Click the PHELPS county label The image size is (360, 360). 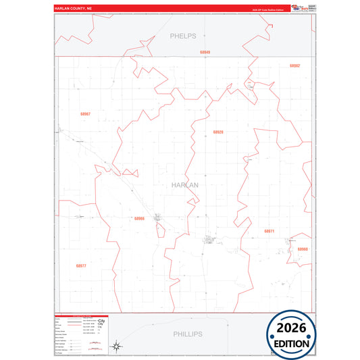[x=183, y=35]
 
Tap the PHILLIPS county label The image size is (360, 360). [x=187, y=334]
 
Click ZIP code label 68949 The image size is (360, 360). [x=205, y=52]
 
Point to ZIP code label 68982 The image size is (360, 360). [x=294, y=66]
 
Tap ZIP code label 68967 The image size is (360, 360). [x=84, y=113]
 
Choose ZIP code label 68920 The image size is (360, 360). [x=217, y=132]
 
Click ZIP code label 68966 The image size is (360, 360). [x=139, y=218]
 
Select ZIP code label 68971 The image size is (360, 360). [x=269, y=231]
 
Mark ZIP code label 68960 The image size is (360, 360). [x=302, y=249]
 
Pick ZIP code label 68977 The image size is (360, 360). [x=81, y=266]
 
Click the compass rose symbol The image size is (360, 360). [x=116, y=346]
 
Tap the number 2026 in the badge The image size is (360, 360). [x=291, y=329]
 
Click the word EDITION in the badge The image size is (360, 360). [x=291, y=343]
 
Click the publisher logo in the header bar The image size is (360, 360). [x=298, y=8]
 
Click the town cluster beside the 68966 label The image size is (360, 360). [x=159, y=218]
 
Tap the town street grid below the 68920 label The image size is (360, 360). [x=209, y=239]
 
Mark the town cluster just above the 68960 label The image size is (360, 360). [x=294, y=240]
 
